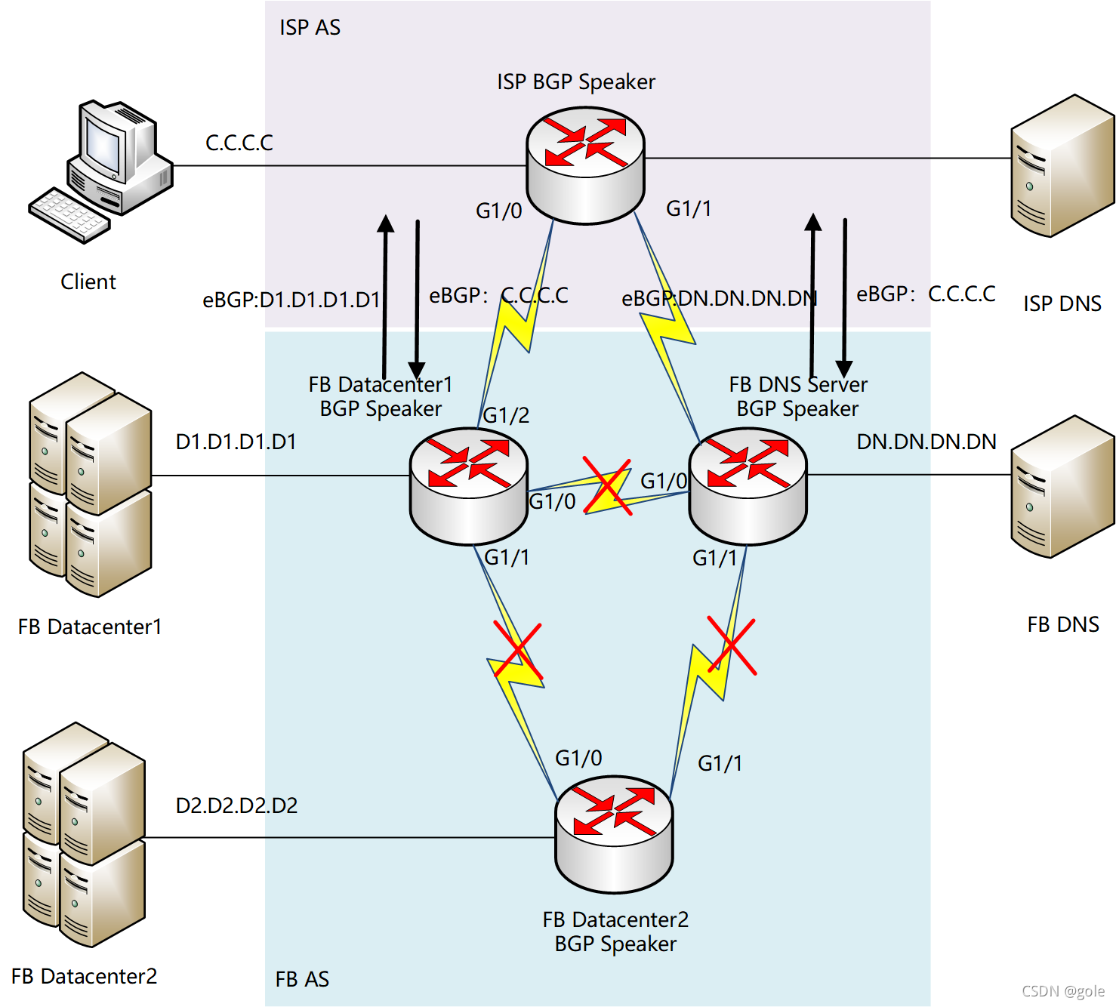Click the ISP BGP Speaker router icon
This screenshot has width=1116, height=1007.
click(x=585, y=165)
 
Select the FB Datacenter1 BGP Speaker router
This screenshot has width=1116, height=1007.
click(x=468, y=486)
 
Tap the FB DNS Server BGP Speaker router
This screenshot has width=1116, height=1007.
click(x=748, y=486)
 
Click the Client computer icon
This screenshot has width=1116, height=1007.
click(x=100, y=171)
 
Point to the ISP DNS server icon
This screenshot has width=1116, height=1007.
click(x=1062, y=165)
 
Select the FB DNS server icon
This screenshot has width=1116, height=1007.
click(x=1062, y=486)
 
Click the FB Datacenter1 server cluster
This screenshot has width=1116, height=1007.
click(x=90, y=485)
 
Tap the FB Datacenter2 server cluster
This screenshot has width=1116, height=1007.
click(x=84, y=835)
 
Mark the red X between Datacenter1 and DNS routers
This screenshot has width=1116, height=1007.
click(x=607, y=486)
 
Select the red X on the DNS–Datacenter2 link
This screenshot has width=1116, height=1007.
click(x=731, y=645)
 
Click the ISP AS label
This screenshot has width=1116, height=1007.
click(x=310, y=27)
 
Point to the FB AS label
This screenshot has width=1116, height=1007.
click(x=302, y=979)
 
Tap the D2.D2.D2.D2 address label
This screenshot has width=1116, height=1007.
click(x=236, y=805)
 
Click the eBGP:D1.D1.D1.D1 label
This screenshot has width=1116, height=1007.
click(x=291, y=300)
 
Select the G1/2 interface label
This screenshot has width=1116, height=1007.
click(x=506, y=415)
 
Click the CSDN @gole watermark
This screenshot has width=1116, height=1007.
click(x=1063, y=991)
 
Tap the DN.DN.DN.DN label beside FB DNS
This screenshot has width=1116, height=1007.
click(x=926, y=442)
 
